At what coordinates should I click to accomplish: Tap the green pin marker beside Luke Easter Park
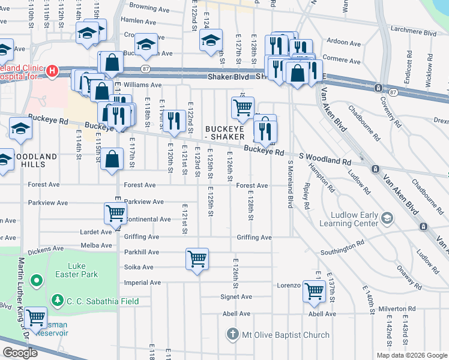36,280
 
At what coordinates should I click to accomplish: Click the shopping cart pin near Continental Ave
115,212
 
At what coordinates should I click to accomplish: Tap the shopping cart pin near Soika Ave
197,259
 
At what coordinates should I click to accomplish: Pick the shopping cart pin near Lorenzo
314,290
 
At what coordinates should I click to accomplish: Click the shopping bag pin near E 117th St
112,159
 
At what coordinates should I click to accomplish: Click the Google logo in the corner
20,353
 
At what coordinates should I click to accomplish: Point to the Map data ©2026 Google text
411,355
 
